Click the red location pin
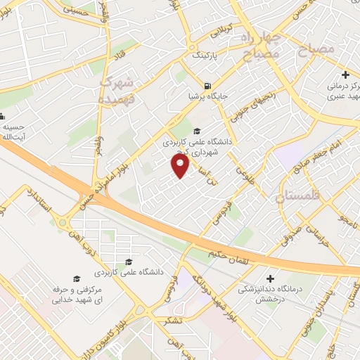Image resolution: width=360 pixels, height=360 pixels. click(181, 166)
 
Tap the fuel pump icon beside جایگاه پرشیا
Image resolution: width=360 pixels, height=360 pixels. click(207, 86)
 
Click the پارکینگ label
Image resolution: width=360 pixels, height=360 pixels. click(206, 54)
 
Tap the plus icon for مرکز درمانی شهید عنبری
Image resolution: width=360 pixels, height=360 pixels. click(345, 74)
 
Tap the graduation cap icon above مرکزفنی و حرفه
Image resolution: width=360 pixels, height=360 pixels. click(77, 279)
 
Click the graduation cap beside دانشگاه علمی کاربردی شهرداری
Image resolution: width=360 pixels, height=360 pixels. click(197, 131)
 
